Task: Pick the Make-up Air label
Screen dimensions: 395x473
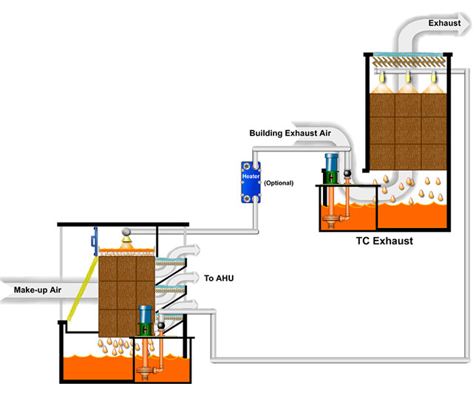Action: click(37, 289)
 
